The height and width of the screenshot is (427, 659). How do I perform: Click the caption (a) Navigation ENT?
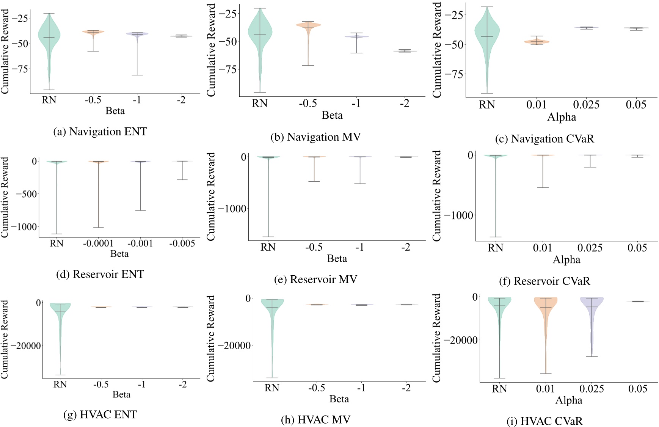point(100,132)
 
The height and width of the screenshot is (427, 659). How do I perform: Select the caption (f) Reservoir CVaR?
point(544,281)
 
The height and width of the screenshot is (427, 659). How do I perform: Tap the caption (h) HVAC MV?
point(315,419)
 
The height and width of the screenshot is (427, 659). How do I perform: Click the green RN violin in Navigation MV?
point(260,30)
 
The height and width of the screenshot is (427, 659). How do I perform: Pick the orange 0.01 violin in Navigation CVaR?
point(537,42)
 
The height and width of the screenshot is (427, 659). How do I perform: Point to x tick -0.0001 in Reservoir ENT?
point(98,243)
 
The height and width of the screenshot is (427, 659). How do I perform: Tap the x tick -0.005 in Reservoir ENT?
point(182,243)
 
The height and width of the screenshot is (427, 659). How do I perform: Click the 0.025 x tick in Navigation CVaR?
point(586,105)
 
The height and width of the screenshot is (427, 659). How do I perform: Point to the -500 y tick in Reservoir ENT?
point(26,194)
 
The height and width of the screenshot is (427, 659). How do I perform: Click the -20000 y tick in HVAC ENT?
point(26,346)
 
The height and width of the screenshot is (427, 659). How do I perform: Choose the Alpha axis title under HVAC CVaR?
point(568,400)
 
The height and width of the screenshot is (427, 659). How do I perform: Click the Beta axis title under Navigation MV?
point(332,115)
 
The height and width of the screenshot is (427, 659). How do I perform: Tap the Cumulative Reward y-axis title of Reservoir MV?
point(211,196)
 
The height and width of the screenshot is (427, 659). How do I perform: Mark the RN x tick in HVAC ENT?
point(60,385)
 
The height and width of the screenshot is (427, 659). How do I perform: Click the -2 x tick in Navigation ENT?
point(181,100)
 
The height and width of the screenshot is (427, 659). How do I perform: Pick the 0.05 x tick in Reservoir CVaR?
point(637,248)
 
